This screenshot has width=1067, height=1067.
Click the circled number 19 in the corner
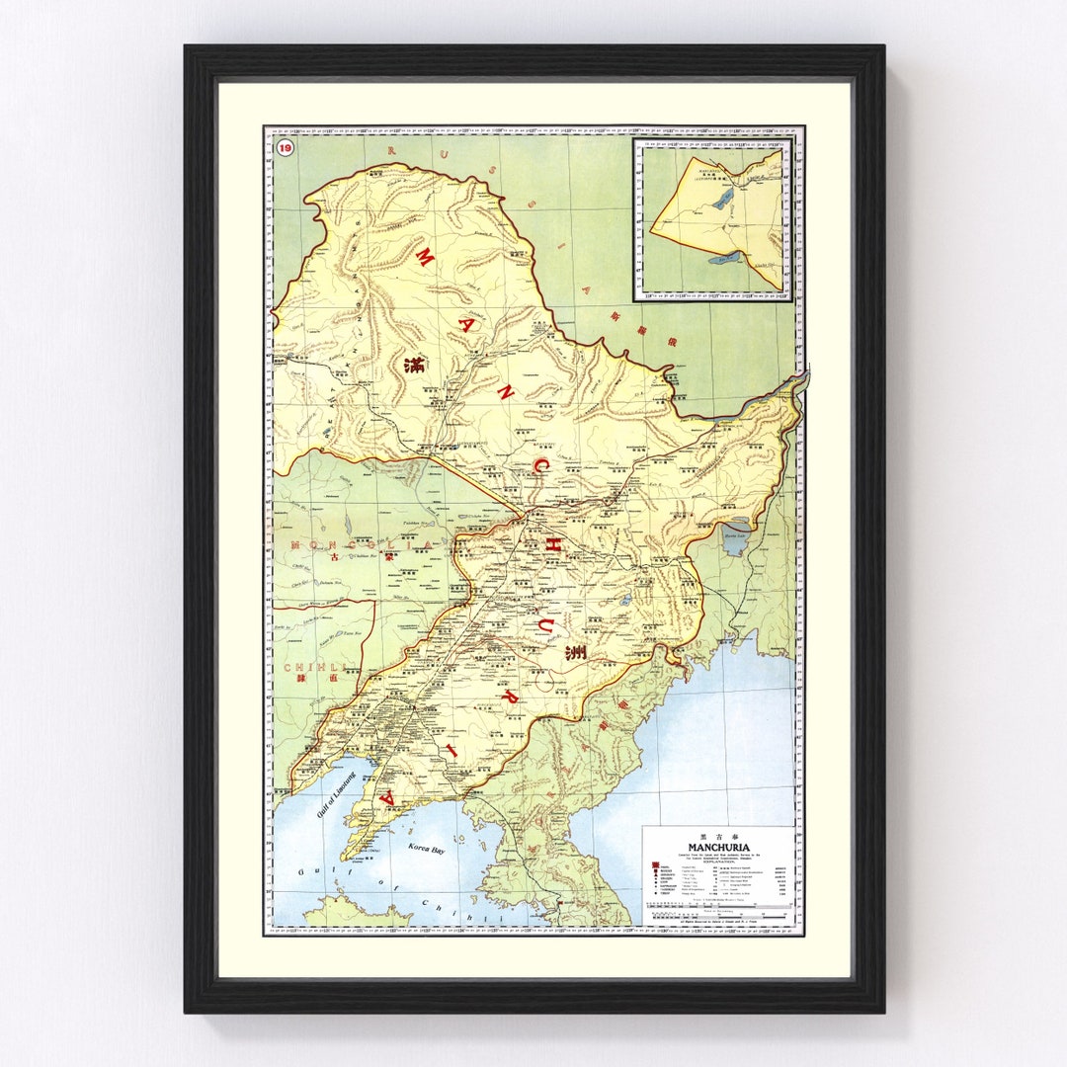285,148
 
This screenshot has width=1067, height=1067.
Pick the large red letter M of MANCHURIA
424,259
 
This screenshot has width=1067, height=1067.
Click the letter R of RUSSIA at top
392,149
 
